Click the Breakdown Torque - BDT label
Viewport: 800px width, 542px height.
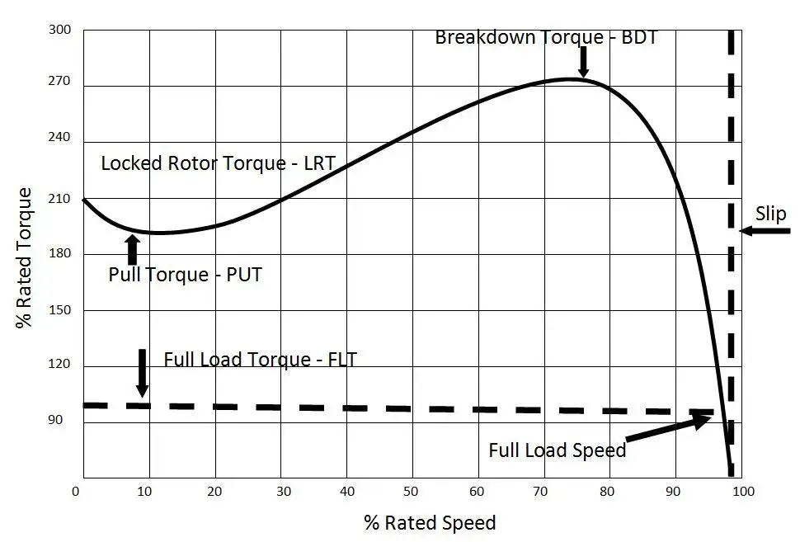(x=545, y=37)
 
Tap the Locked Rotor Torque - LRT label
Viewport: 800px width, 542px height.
(x=218, y=163)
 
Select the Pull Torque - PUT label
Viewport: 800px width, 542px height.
(x=185, y=275)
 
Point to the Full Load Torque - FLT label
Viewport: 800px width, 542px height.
(x=260, y=359)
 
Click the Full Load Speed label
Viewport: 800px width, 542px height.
(x=557, y=450)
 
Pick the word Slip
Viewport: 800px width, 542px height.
(x=770, y=214)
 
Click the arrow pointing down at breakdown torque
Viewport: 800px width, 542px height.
(x=583, y=62)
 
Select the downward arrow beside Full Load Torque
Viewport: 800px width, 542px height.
(x=143, y=372)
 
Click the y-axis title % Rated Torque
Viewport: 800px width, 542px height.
(x=25, y=258)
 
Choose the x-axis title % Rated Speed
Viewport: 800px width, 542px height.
(x=430, y=522)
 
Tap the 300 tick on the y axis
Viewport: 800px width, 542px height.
(x=61, y=31)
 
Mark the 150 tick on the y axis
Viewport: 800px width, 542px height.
(x=61, y=310)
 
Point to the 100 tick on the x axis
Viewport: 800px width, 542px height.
(x=742, y=492)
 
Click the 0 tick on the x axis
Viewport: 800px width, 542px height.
(x=77, y=492)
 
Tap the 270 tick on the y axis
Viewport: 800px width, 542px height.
(x=61, y=83)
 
